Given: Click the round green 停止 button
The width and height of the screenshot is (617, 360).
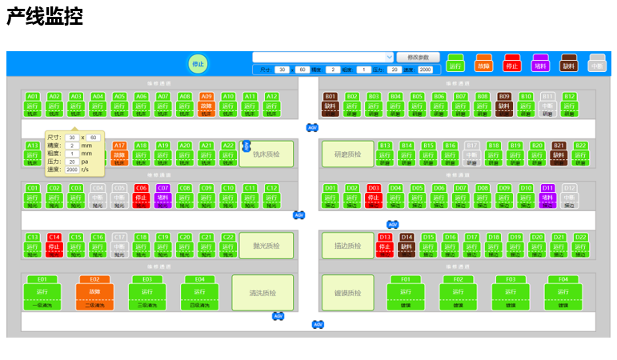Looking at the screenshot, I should pos(197,64).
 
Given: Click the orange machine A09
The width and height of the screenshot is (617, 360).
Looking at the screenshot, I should pos(206,105).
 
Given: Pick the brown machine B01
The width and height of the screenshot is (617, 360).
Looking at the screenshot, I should pos(331,105).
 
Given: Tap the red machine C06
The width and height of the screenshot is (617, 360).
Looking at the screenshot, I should pos(142,196).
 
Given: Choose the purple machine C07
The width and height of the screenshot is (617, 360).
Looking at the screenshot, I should pos(163,196).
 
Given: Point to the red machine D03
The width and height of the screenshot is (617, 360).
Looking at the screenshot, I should pos(374,196).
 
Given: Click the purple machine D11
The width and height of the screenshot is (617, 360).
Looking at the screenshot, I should pos(547,196).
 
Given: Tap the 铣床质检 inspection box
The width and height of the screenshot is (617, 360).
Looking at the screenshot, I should pos(266,154).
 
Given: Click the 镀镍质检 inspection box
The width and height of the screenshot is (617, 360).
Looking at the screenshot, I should pos(348,293).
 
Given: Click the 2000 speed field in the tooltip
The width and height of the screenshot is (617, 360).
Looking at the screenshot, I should pos(72,170).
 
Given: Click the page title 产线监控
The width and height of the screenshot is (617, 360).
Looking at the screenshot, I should pos(45,17).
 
